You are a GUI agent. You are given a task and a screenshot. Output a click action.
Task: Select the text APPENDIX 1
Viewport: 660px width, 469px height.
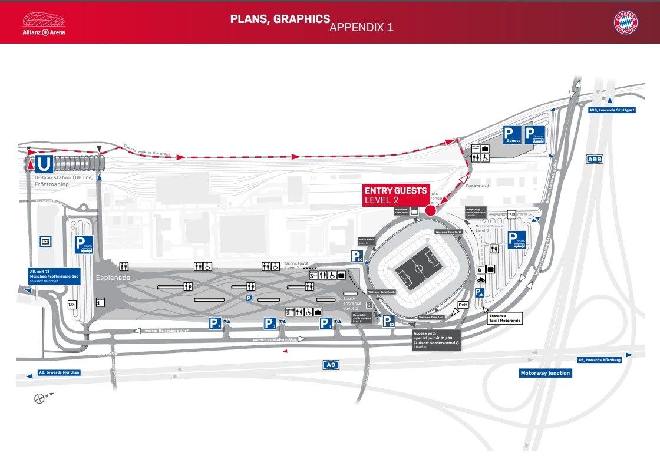click(x=361, y=27)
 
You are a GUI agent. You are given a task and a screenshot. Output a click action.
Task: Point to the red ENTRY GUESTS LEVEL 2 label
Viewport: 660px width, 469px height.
click(x=396, y=196)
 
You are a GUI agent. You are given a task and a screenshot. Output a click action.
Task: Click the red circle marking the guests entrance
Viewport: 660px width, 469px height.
click(x=430, y=210)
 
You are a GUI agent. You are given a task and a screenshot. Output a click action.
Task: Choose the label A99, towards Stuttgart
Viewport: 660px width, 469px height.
click(x=611, y=110)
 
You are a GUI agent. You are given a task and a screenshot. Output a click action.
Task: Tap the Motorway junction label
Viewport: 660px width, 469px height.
click(x=545, y=373)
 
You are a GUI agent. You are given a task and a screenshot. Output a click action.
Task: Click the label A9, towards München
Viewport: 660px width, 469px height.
click(x=58, y=372)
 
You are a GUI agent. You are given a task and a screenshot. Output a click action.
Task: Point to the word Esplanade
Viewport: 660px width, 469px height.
click(x=110, y=277)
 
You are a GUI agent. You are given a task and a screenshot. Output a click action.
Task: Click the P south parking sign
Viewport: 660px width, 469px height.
click(x=84, y=245)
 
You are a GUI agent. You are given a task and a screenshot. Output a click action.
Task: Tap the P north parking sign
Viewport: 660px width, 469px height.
click(x=517, y=240)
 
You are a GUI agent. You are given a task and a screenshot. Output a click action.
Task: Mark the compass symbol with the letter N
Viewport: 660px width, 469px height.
click(x=40, y=398)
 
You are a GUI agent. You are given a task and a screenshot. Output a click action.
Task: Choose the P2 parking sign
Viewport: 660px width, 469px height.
click(x=270, y=323)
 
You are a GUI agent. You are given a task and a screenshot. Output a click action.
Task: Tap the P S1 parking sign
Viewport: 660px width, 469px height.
click(x=388, y=321)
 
